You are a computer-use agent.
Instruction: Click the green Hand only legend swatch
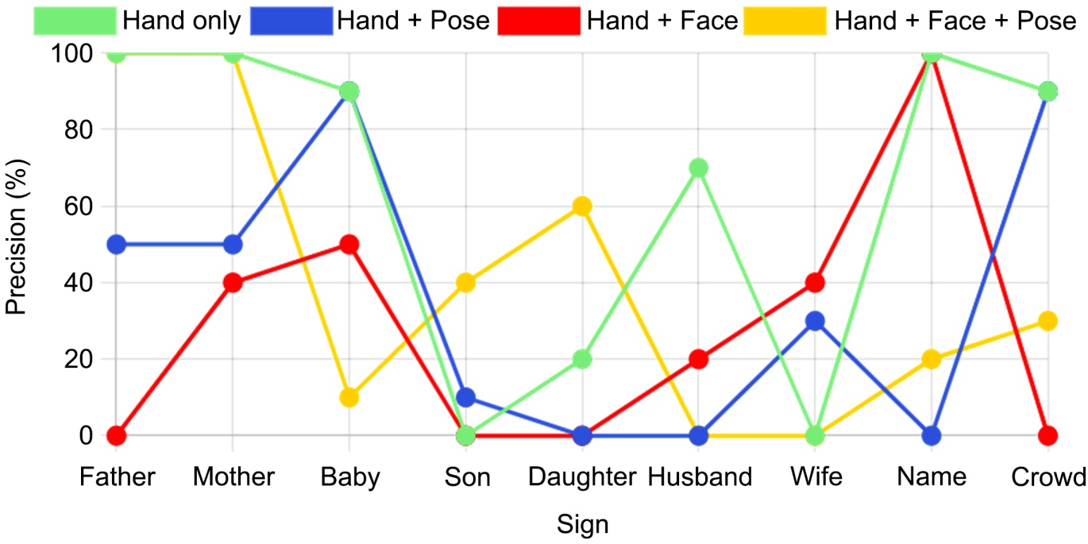(x=75, y=21)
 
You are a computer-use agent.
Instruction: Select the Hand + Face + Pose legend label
(x=955, y=21)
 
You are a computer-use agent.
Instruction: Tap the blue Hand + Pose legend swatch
(x=291, y=21)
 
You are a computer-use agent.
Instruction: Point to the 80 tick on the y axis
(x=78, y=129)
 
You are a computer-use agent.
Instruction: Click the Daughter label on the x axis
(x=582, y=476)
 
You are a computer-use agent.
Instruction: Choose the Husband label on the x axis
(x=700, y=476)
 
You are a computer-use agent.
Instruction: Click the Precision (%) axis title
(x=16, y=237)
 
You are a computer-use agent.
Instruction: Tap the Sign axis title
(x=582, y=524)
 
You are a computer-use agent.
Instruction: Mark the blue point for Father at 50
(x=117, y=245)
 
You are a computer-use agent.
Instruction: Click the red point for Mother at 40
(x=233, y=283)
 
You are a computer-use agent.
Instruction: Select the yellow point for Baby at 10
(x=349, y=398)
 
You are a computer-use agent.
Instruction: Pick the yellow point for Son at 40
(x=466, y=283)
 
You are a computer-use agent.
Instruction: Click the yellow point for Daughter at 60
(x=582, y=206)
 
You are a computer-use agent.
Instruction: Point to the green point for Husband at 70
(x=698, y=168)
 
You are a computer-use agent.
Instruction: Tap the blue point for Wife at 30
(x=815, y=321)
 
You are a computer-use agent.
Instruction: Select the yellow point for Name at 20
(x=932, y=360)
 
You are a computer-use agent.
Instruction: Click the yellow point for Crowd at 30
(x=1047, y=321)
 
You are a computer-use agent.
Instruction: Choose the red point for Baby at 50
(x=349, y=245)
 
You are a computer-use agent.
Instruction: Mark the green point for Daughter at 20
(x=582, y=360)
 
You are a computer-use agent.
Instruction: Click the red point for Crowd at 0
(x=1047, y=436)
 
